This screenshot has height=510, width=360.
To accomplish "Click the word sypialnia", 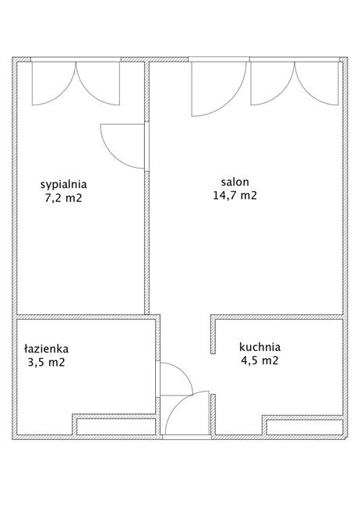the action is coord(64,184).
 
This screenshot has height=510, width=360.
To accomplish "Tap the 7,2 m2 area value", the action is coord(64,198).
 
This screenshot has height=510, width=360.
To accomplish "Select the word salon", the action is coord(235,182).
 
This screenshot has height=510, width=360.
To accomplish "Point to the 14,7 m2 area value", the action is coord(235,195).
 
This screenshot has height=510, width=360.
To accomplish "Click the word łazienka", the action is coord(47,349).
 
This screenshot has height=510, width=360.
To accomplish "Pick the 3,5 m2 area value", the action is coord(47,362).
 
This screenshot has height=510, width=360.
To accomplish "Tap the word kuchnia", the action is coord(260,347).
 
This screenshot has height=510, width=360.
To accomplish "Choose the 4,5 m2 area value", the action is coord(260,360).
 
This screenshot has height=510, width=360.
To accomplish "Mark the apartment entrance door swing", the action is coord(176,404).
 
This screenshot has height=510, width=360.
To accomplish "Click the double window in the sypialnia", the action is coord(76,83).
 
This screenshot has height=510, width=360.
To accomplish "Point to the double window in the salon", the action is coord(295,83).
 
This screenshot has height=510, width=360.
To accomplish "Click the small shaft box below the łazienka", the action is coord(116,427).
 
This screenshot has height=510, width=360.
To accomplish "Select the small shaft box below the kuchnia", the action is coord(305,427).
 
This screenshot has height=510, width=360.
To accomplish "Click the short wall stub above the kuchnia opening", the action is coord(213,334).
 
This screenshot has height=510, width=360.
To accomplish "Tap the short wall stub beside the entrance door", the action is coord(213,414).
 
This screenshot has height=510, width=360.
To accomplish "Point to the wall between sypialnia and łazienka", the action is coord(86,317).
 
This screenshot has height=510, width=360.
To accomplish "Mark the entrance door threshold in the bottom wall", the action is coord(187,437).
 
